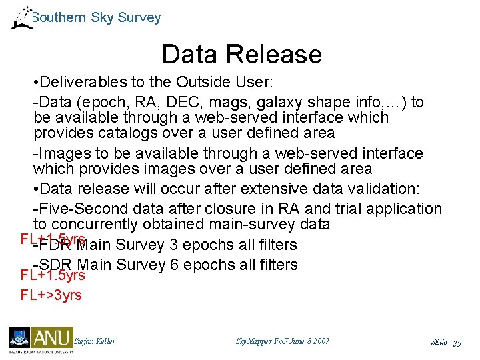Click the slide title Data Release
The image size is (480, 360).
tap(241, 55)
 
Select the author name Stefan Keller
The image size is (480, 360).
tap(95, 341)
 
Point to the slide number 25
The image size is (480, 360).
tap(457, 343)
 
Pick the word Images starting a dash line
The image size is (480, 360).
tap(64, 153)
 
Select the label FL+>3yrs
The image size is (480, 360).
tap(51, 295)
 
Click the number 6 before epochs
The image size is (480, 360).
tap(174, 265)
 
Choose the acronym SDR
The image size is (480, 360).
tap(57, 265)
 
